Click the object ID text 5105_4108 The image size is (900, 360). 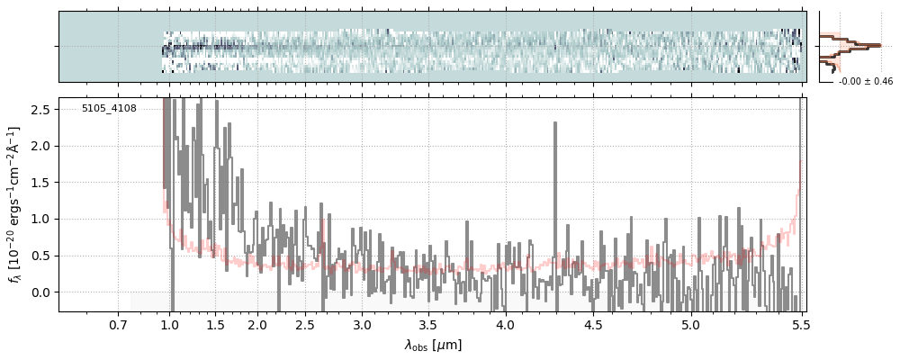[109, 109]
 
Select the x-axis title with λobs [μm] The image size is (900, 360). [433, 345]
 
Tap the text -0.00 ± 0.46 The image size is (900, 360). [865, 82]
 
